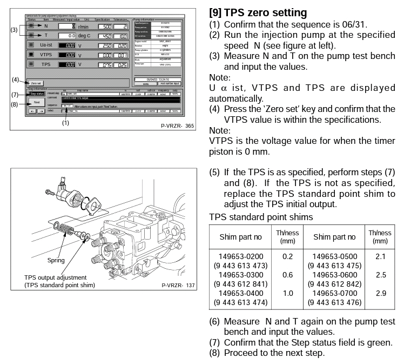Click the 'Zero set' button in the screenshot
click(x=36, y=83)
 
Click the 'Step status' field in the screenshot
click(x=37, y=94)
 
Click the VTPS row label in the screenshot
click(x=46, y=55)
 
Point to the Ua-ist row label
click(x=46, y=45)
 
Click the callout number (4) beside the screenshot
click(x=16, y=80)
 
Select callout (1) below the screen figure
click(x=65, y=123)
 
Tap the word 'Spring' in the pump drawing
click(x=56, y=260)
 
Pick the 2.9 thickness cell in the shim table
click(x=380, y=293)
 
